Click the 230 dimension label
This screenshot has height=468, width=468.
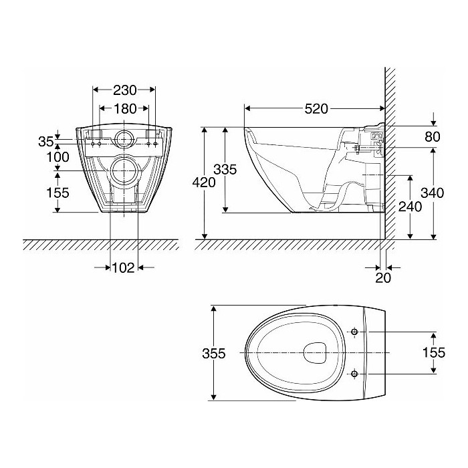(125, 90)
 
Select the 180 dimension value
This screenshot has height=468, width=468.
(125, 108)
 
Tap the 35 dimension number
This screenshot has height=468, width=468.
(46, 142)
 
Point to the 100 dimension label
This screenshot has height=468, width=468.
(57, 156)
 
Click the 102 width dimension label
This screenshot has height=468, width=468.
(123, 267)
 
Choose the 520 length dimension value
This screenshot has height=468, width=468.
(316, 109)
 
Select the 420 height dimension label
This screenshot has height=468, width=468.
(204, 182)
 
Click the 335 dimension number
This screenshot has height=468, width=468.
(225, 170)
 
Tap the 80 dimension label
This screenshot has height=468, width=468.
(432, 136)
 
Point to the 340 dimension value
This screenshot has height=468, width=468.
(432, 193)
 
